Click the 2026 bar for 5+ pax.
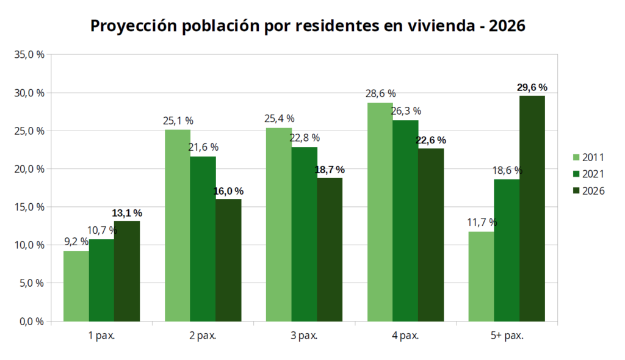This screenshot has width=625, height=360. [532, 208]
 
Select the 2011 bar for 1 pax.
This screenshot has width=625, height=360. [76, 286]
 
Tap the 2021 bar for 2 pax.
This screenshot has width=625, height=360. [203, 239]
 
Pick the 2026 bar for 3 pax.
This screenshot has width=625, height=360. [330, 249]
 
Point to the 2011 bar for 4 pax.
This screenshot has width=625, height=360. [380, 212]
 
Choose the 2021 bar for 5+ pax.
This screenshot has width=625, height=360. [507, 250]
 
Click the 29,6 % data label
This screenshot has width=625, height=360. [532, 88]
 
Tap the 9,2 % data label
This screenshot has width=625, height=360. [76, 242]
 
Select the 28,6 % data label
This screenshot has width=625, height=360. [380, 94]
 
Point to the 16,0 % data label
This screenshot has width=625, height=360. [228, 191]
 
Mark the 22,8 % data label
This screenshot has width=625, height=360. [305, 139]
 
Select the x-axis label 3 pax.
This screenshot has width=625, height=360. [304, 335]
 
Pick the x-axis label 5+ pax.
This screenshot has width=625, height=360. [507, 335]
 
